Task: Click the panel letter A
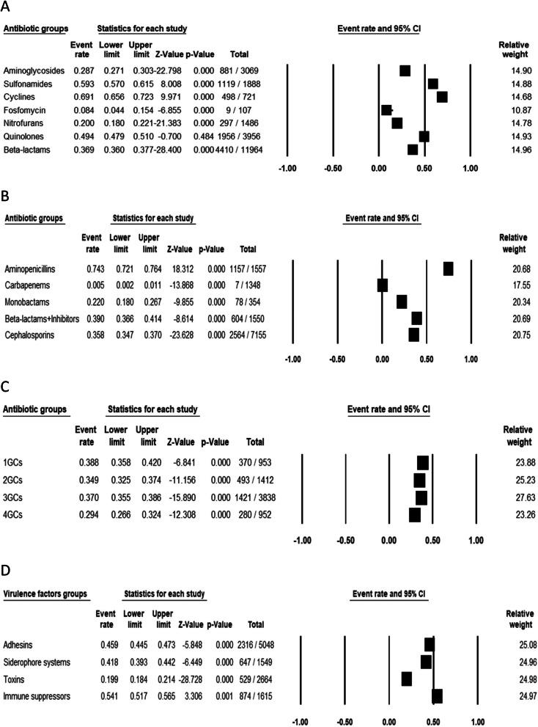(x=7, y=7)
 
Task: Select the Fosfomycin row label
(x=26, y=110)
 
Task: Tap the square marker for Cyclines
(x=441, y=97)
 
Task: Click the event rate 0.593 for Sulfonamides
(x=81, y=84)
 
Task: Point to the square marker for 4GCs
(x=414, y=515)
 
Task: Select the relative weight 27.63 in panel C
(x=512, y=498)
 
